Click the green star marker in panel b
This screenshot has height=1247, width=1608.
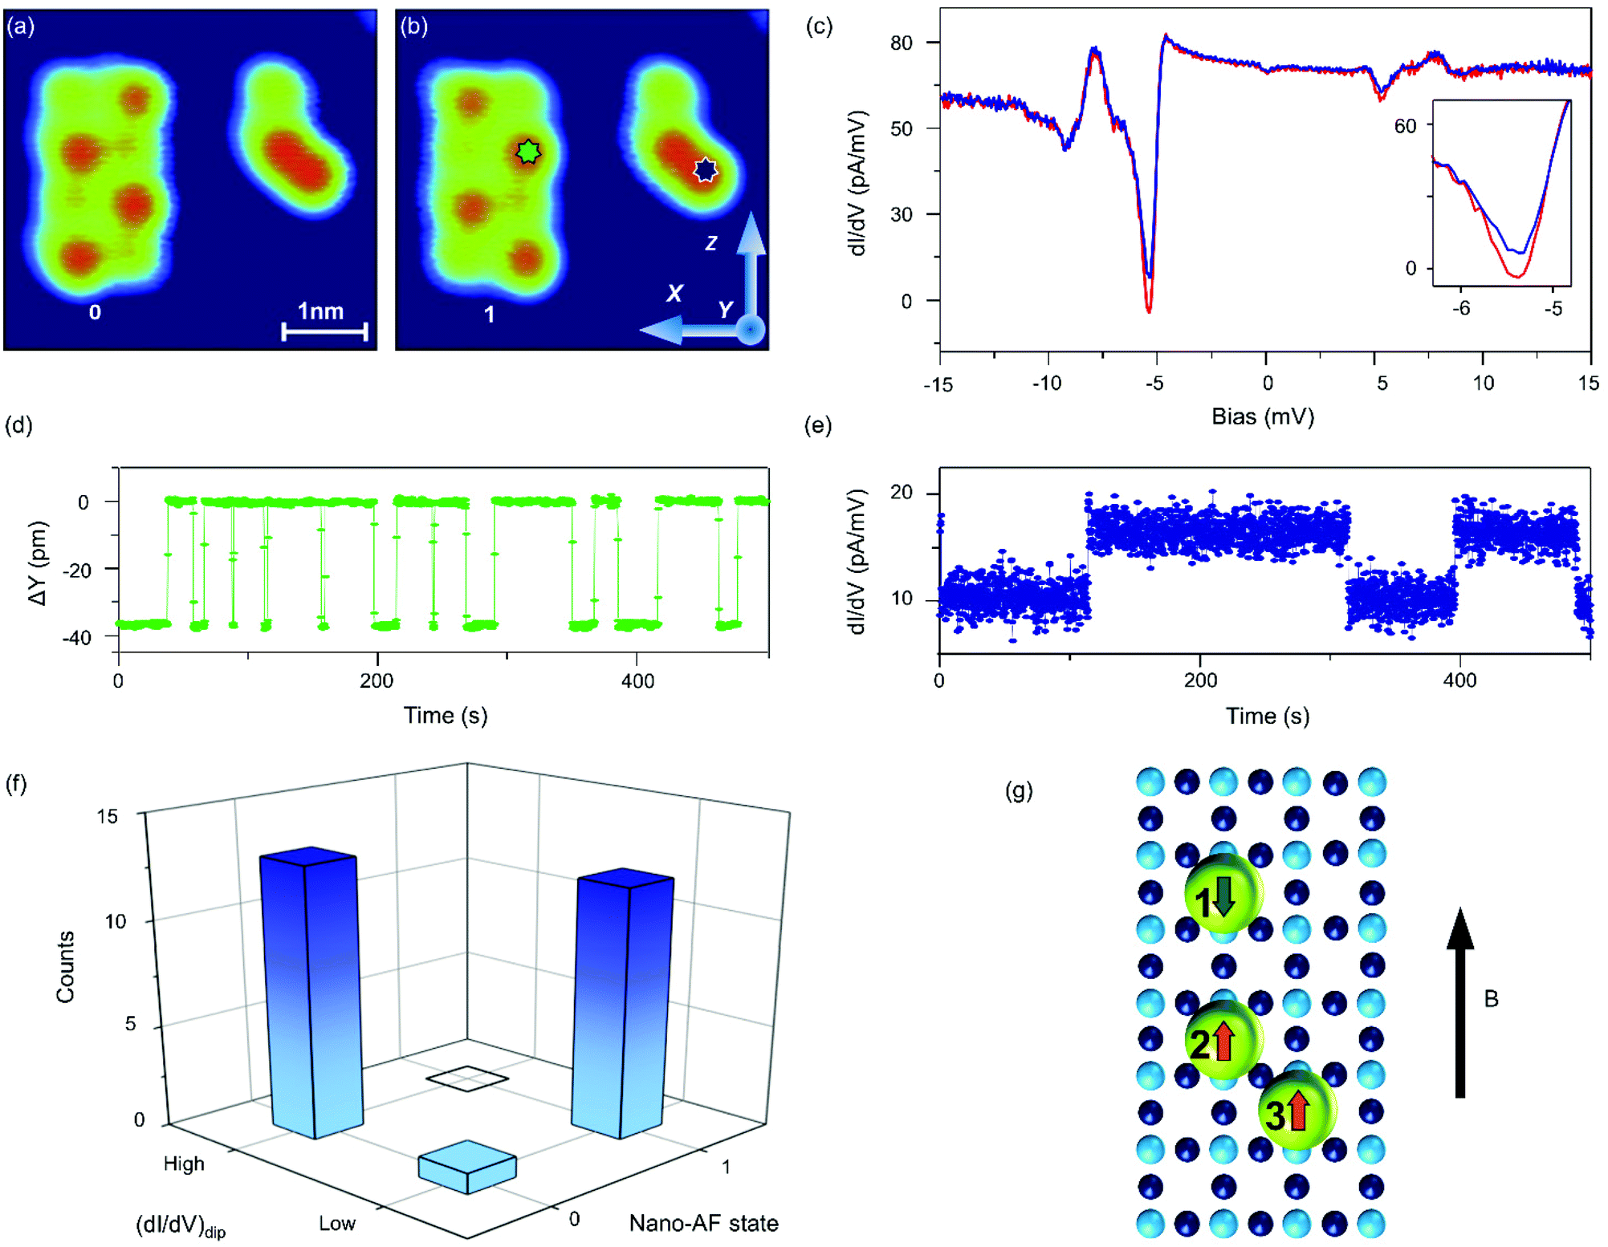(527, 152)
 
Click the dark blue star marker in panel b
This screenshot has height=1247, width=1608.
(705, 169)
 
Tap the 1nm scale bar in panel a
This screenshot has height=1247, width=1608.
(324, 331)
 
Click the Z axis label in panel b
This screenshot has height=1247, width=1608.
(711, 242)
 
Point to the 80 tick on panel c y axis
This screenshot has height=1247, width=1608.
(902, 43)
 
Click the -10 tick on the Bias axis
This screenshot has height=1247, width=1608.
(1047, 383)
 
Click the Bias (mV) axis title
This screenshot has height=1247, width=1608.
(1262, 416)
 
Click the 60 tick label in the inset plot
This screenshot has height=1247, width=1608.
(1405, 126)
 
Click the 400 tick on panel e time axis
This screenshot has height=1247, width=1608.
(1459, 680)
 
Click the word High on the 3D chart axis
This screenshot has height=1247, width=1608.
(184, 1164)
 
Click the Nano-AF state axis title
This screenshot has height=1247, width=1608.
(703, 1223)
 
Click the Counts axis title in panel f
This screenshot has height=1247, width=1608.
(65, 967)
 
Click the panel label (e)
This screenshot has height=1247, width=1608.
(817, 425)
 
